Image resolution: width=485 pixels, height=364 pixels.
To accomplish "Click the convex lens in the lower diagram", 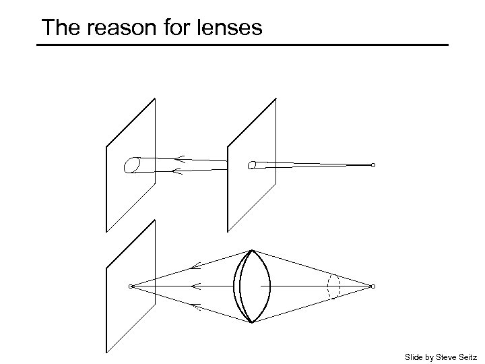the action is pyautogui.click(x=252, y=286).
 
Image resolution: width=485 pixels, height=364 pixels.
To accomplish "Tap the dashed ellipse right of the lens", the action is pyautogui.click(x=333, y=286).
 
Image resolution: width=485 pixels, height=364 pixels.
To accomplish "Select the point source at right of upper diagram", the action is pyautogui.click(x=373, y=165).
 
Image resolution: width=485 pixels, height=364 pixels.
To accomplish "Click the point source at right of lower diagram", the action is pyautogui.click(x=373, y=286).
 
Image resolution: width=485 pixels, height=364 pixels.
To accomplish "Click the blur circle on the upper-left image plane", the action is pyautogui.click(x=132, y=164).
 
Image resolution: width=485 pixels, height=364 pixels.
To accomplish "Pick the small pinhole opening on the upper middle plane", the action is pyautogui.click(x=252, y=165).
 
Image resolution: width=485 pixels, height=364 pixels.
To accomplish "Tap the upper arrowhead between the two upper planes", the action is pyautogui.click(x=179, y=159).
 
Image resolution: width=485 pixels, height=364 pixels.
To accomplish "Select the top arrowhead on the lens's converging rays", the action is pyautogui.click(x=195, y=267).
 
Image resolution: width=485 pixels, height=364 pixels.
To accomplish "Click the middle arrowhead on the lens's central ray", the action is pyautogui.click(x=196, y=286).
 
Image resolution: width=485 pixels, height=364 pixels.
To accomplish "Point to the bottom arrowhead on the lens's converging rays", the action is pyautogui.click(x=195, y=306).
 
